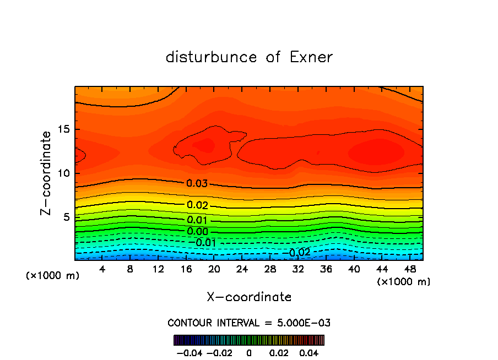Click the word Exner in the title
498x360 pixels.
coord(311,57)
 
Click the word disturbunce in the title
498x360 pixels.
coord(212,57)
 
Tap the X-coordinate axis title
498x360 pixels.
coord(249,297)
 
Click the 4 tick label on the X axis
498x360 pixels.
coord(102,269)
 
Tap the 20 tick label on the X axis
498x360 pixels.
coord(214,269)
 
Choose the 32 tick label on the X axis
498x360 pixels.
coord(298,269)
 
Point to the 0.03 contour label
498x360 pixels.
coord(197,184)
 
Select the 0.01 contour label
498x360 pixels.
coord(197,220)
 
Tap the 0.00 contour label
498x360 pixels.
coord(197,231)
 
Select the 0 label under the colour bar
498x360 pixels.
coord(249,352)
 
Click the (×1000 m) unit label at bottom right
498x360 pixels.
coord(404,282)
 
